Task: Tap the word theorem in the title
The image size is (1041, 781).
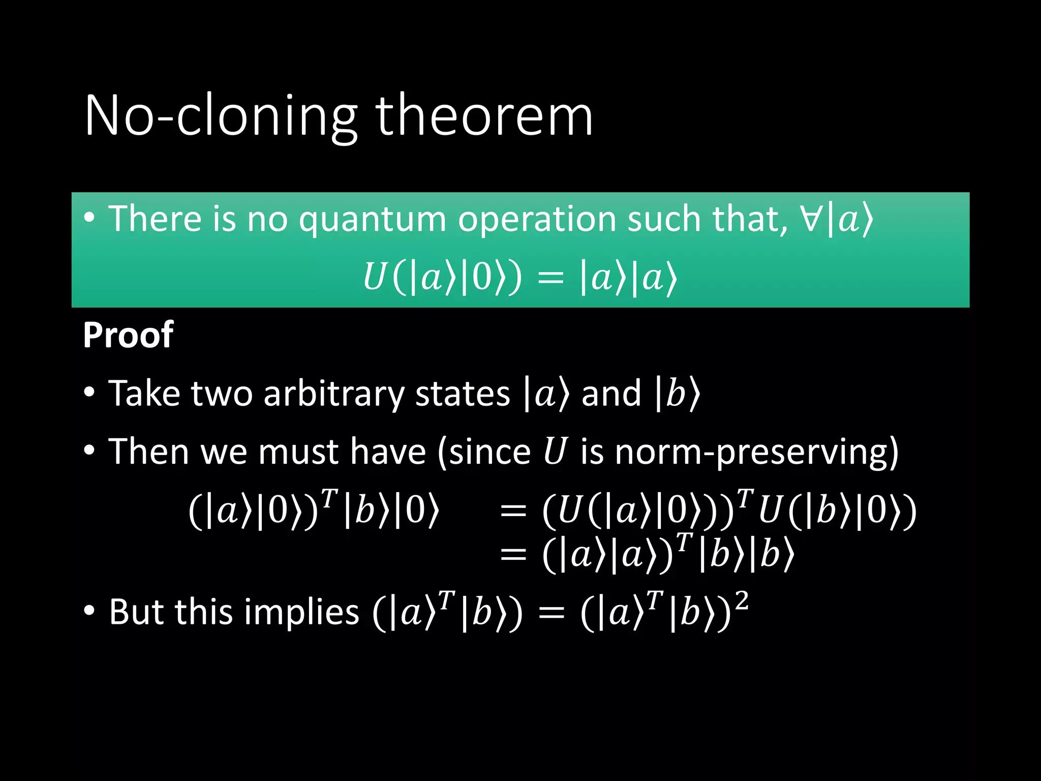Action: coord(484,116)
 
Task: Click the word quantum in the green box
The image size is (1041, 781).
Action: coord(372,220)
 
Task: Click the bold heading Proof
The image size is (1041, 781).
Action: coord(128,336)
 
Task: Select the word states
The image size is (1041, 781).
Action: coord(462,394)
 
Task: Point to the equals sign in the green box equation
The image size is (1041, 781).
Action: coord(551,279)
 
